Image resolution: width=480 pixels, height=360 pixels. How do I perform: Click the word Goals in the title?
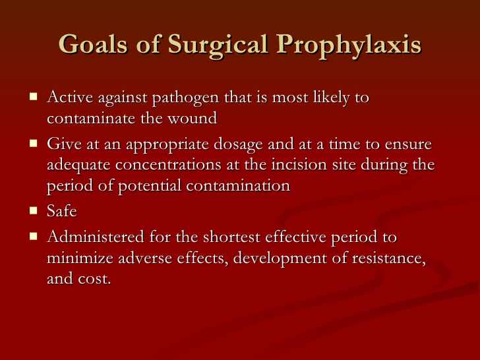coord(93,44)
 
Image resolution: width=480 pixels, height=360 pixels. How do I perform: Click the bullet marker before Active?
coord(34,97)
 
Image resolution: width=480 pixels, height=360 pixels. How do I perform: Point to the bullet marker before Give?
coord(34,143)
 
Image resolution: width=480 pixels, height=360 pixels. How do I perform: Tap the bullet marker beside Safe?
coord(34,210)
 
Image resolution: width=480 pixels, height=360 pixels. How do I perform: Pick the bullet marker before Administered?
coord(34,236)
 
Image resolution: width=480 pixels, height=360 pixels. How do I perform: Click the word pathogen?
coord(185,99)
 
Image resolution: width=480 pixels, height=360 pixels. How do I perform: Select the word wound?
coord(193,118)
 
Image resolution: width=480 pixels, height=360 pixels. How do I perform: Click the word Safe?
coord(62,211)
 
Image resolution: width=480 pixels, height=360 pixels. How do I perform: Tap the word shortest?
coord(231,237)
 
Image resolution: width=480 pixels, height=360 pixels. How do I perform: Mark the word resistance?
coord(389,258)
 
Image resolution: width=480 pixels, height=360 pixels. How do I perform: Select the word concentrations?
coord(168,165)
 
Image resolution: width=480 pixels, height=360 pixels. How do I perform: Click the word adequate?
coord(78,165)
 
